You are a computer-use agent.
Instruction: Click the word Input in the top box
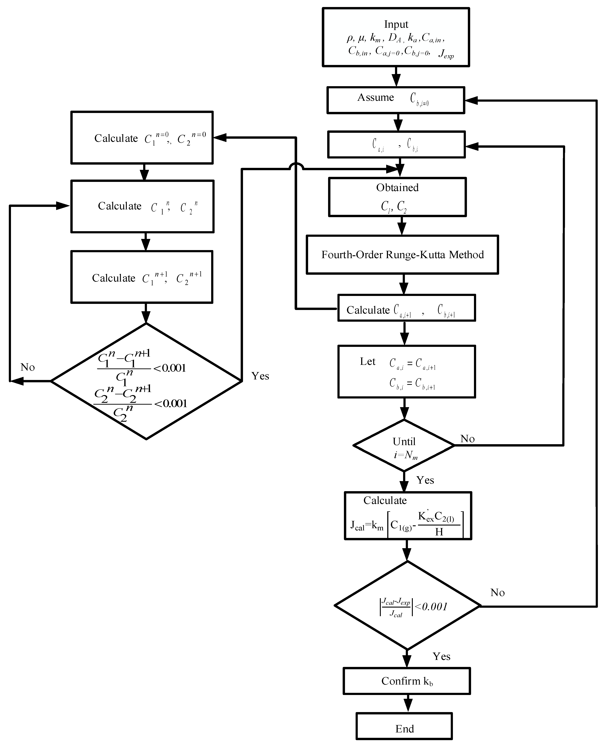point(396,24)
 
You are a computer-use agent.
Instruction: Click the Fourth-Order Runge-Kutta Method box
point(402,255)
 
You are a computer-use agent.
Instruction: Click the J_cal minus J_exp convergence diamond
point(407,606)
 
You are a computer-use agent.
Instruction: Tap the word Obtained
point(397,188)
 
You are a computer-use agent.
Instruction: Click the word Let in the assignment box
point(367,362)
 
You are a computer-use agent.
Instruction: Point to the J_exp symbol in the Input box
point(446,54)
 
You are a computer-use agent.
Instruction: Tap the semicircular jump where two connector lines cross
point(296,167)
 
